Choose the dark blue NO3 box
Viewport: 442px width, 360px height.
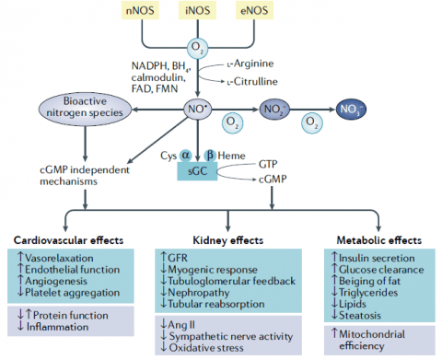click(355, 109)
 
